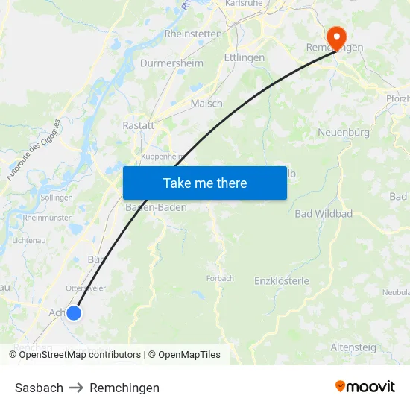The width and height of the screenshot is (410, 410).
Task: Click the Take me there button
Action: [x=205, y=183]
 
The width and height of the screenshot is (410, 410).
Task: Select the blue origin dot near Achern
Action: [x=73, y=313]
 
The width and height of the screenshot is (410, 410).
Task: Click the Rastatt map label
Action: [x=138, y=125]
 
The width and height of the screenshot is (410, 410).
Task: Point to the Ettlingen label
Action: [x=245, y=57]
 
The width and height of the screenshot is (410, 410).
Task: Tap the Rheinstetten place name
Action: [x=192, y=34]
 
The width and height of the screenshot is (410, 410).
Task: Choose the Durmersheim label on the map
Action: [x=171, y=63]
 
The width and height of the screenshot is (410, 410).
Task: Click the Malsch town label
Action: [x=206, y=104]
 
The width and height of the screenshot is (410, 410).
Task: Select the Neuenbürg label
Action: [x=344, y=132]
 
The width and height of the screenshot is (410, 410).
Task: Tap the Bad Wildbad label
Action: [x=324, y=214]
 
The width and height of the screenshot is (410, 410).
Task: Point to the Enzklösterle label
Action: [x=282, y=281]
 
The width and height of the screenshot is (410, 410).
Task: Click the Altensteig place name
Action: [x=353, y=347]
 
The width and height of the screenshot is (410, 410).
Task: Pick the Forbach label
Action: [x=220, y=278]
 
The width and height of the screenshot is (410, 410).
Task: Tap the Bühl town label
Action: [x=98, y=259]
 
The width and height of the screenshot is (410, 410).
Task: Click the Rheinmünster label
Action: [x=47, y=218]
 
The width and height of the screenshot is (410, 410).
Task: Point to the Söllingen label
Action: [x=57, y=198]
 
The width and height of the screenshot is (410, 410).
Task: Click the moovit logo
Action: [x=365, y=387]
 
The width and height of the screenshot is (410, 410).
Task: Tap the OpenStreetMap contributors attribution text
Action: [x=79, y=355]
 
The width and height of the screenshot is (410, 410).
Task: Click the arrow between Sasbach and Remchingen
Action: [x=76, y=388]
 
